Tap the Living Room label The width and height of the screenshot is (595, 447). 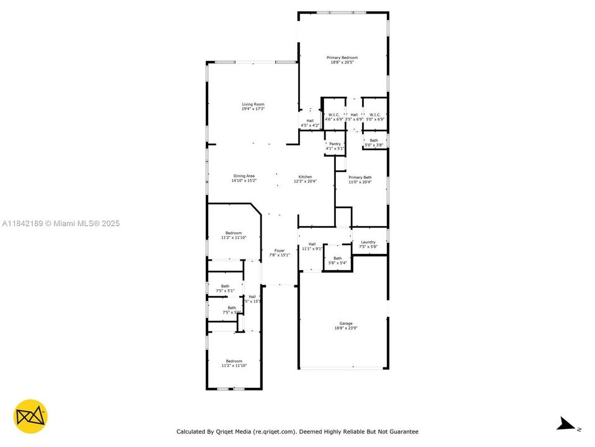tap(253, 106)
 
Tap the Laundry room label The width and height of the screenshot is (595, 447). tap(368, 245)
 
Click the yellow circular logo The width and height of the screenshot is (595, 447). tap(30, 416)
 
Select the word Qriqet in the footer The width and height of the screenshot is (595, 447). tap(232, 431)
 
